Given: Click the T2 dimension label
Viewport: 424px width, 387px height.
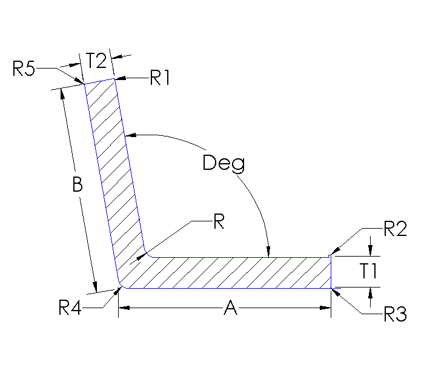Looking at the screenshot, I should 96,61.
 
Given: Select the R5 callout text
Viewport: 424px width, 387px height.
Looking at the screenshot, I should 24,69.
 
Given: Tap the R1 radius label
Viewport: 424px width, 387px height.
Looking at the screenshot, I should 161,78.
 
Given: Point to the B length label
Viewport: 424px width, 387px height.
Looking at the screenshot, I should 77,185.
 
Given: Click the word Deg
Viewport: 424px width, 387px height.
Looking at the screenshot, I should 224,163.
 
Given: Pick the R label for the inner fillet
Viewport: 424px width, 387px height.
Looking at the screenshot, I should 219,222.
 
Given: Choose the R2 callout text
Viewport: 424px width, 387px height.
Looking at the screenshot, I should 395,229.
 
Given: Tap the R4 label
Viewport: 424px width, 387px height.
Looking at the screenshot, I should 71,308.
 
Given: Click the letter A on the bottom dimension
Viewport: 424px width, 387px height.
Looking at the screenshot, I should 230,309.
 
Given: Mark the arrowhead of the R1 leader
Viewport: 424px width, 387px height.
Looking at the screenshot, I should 118,78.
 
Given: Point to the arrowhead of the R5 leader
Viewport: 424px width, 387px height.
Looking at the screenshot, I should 81,82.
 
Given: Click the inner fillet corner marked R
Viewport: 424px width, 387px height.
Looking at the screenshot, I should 147,252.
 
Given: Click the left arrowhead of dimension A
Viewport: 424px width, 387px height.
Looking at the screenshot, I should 122,309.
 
